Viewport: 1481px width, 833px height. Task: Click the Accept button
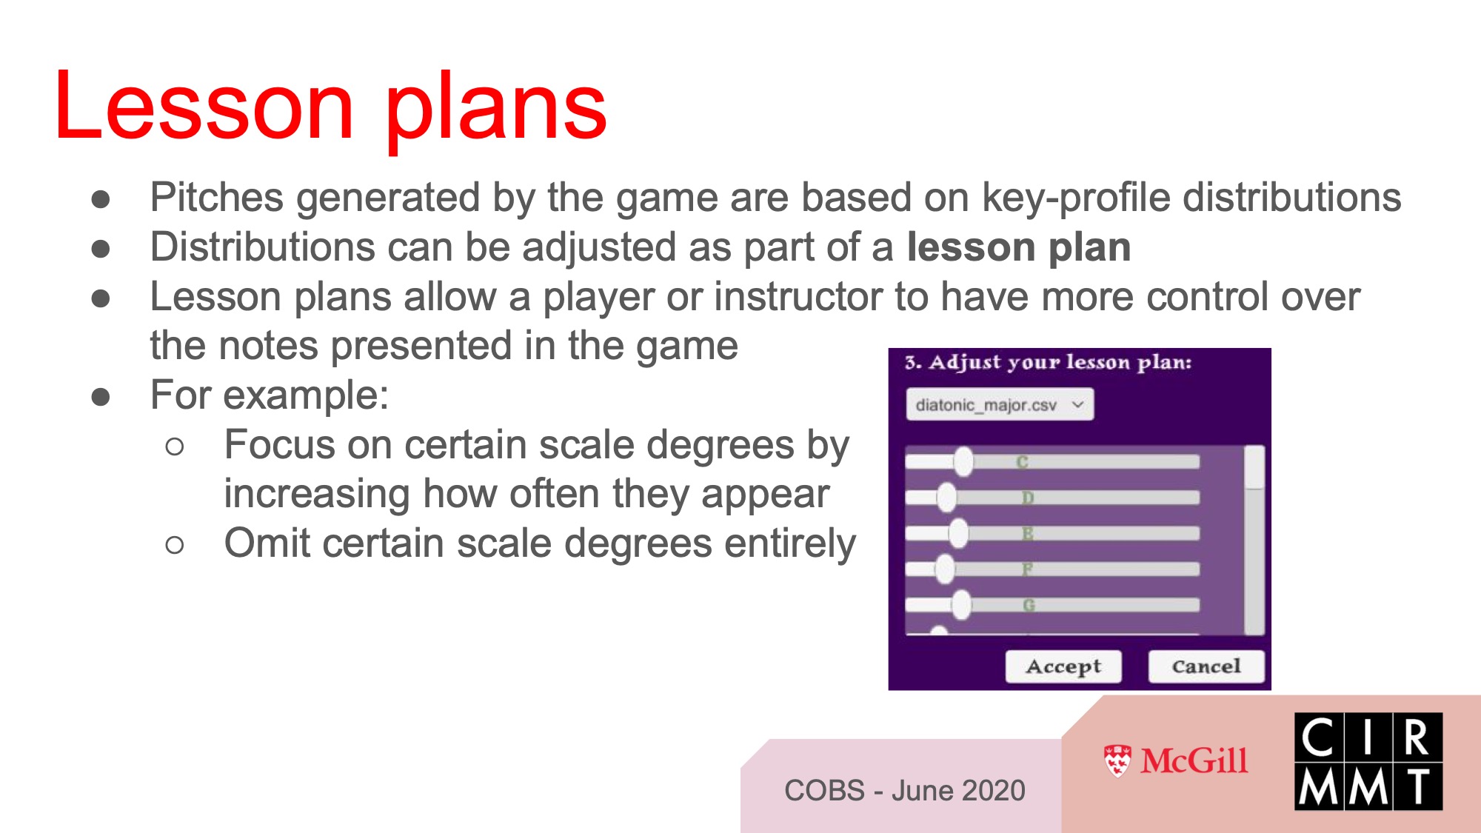pyautogui.click(x=1063, y=666)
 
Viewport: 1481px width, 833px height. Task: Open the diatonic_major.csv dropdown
pyautogui.click(x=1000, y=405)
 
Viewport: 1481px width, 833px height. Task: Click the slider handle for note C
pyautogui.click(x=963, y=461)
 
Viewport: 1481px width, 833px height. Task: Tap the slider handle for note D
pyautogui.click(x=946, y=497)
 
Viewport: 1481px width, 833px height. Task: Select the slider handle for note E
pyautogui.click(x=958, y=533)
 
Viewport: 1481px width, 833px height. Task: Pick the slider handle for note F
pyautogui.click(x=945, y=569)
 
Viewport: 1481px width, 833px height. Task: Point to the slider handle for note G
pyautogui.click(x=961, y=605)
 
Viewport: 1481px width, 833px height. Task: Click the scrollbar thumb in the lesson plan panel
pyautogui.click(x=1254, y=467)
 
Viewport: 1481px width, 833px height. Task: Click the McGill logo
pyautogui.click(x=1175, y=761)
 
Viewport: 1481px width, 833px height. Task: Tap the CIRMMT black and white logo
pyautogui.click(x=1368, y=761)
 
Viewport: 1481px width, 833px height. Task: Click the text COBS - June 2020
pyautogui.click(x=905, y=791)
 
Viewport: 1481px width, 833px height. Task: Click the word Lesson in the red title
pyautogui.click(x=204, y=107)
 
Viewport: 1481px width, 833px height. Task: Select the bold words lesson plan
pyautogui.click(x=1019, y=247)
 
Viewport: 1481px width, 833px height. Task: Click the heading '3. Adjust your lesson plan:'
pyautogui.click(x=1049, y=362)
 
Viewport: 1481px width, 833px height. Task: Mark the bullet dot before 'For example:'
pyautogui.click(x=101, y=397)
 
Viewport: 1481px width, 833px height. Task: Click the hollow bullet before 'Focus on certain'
pyautogui.click(x=175, y=446)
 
